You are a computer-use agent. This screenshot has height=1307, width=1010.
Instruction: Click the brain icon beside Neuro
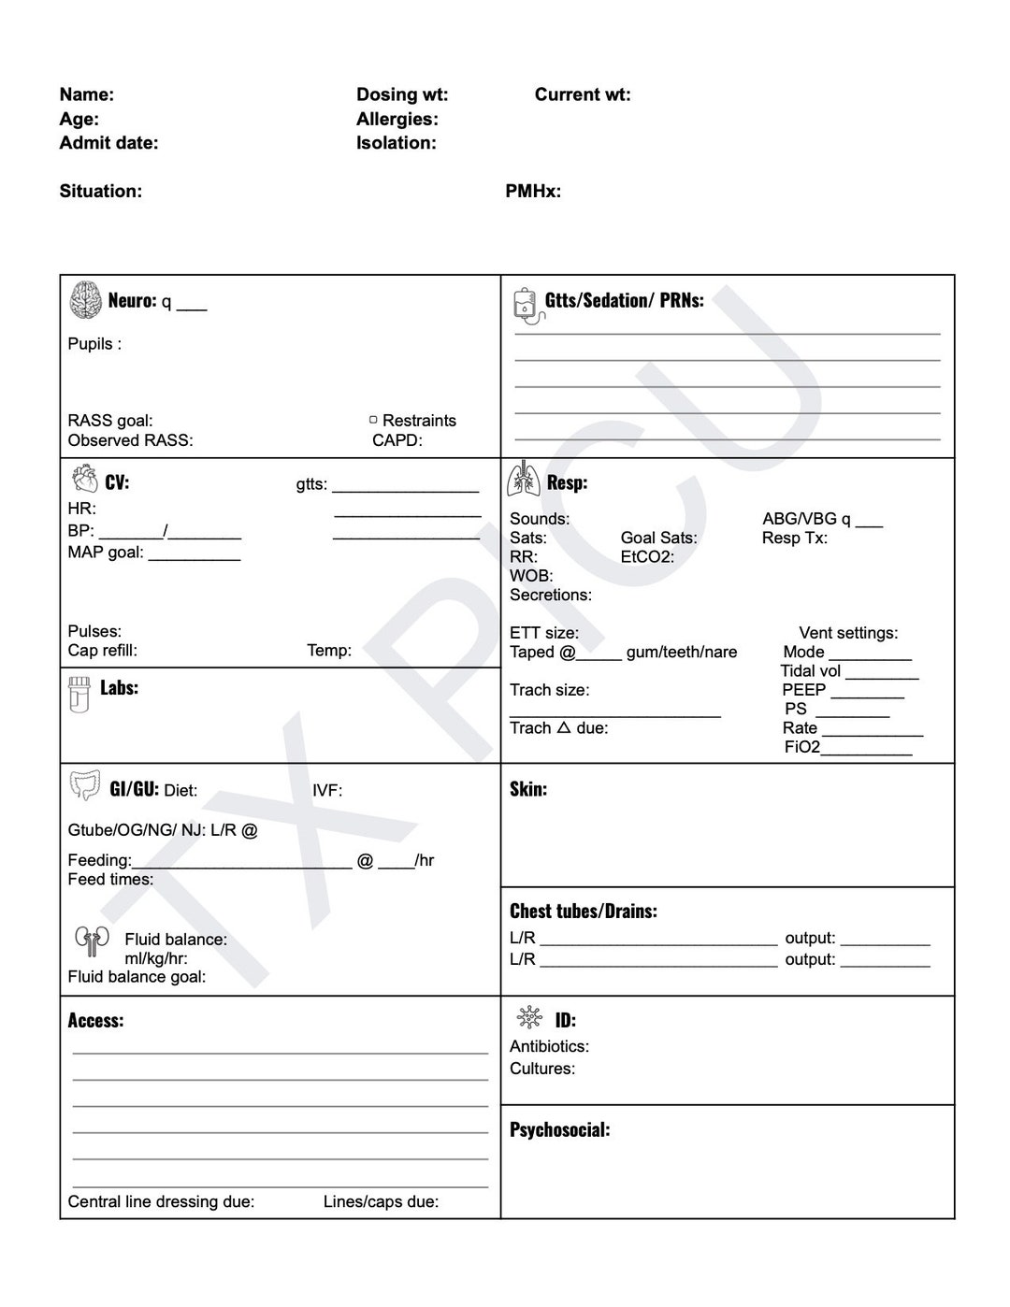coord(86,300)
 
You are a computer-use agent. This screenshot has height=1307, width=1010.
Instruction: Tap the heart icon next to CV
coord(84,480)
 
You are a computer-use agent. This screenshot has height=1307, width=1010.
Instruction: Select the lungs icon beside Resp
coord(524,479)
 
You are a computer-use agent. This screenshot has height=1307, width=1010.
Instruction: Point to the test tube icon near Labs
coord(79,695)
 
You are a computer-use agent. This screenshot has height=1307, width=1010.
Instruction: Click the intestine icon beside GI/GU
coord(85,785)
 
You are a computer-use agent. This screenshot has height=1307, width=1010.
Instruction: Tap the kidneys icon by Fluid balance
coord(92,941)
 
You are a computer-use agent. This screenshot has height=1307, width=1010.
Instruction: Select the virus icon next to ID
coord(529,1018)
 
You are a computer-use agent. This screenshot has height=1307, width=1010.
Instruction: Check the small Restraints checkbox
coord(373,420)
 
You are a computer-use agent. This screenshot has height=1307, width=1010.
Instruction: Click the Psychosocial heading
coord(559,1129)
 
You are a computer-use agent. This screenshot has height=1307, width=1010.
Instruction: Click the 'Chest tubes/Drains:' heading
coord(583,911)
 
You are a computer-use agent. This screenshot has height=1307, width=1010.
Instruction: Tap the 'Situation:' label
coord(101,191)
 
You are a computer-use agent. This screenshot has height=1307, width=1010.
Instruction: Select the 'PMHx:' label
coord(533,191)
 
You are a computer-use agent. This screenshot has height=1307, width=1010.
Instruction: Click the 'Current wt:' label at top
coord(582,94)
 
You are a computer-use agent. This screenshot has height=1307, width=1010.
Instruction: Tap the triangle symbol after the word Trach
coord(563,727)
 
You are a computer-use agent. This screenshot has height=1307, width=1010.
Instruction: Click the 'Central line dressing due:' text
coord(161,1201)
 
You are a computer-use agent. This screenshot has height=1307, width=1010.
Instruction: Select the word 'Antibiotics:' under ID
coord(549,1046)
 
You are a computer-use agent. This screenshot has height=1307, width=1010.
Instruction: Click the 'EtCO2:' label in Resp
coord(647,556)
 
